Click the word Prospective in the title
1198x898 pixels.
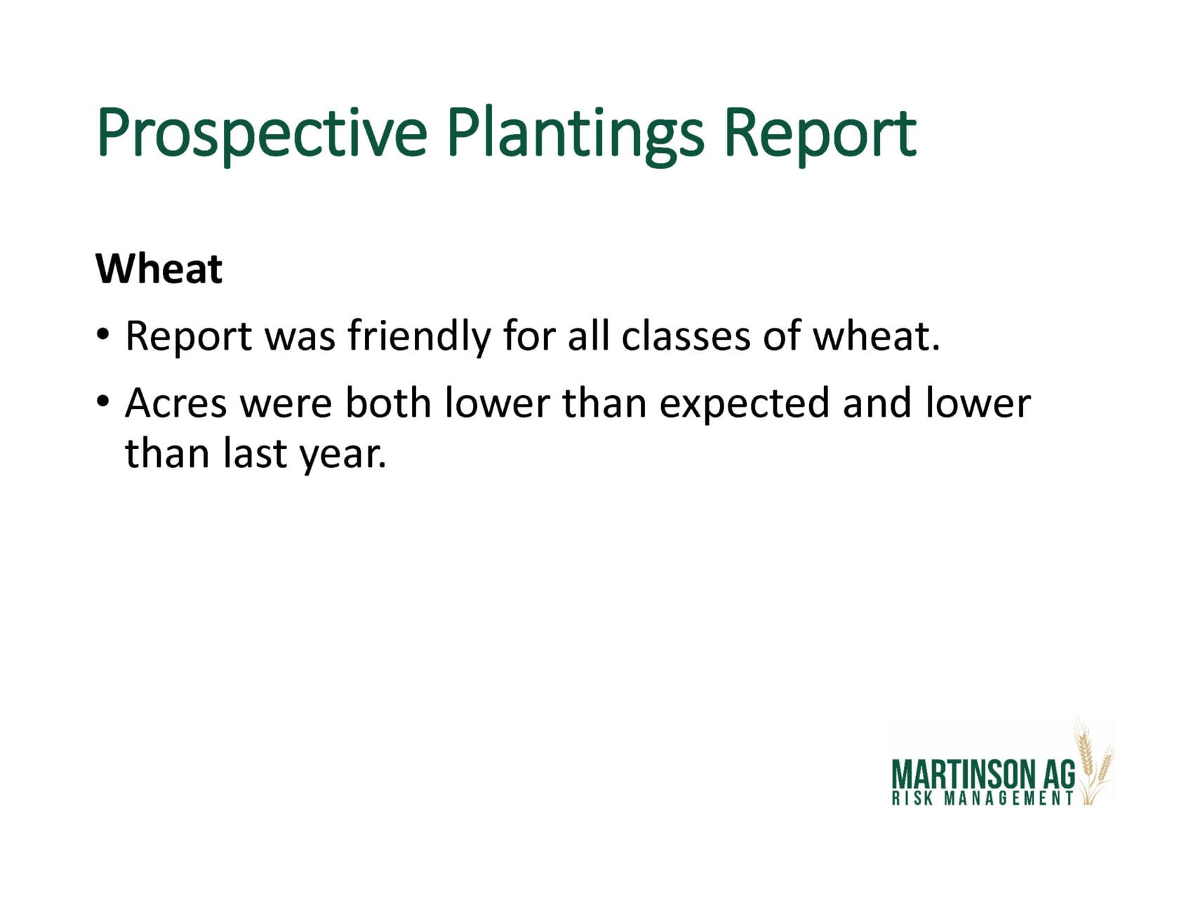[262, 133]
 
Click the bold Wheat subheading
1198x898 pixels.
[159, 268]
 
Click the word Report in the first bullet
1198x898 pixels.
[188, 337]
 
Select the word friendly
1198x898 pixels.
[419, 337]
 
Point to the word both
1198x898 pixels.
[388, 403]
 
